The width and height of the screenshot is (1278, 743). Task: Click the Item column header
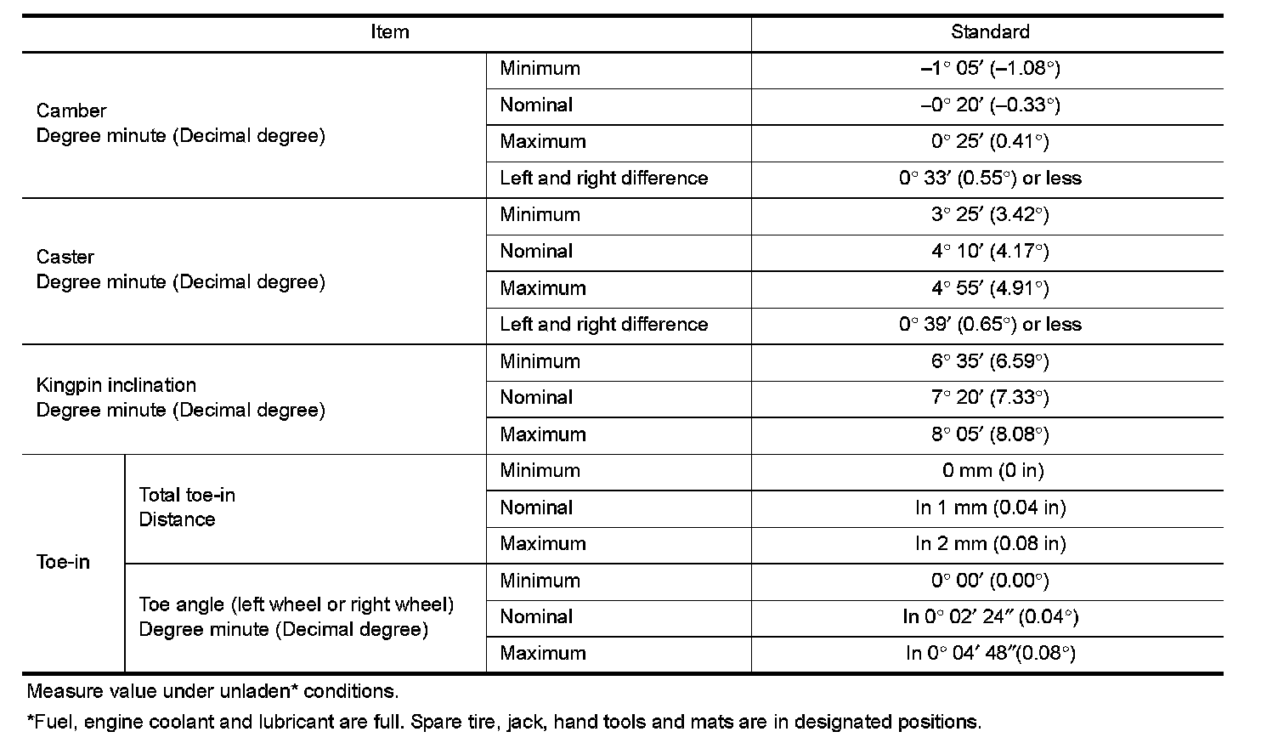389,32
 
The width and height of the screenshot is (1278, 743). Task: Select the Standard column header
989,32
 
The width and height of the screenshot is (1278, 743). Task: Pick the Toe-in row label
63,562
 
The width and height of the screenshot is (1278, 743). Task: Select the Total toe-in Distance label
187,507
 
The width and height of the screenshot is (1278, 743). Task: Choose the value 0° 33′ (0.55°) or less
990,179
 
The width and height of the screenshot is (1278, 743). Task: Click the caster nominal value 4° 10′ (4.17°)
990,252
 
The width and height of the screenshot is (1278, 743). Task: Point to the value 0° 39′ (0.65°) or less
990,325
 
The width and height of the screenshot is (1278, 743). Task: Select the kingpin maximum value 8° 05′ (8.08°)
990,434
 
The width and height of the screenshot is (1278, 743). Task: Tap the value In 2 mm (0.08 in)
990,544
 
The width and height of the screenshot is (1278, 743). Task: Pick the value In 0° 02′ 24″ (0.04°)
990,617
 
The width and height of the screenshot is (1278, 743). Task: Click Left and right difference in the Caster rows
603,325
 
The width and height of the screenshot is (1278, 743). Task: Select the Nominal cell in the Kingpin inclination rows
536,398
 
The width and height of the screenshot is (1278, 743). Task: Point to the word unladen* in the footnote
253,691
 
